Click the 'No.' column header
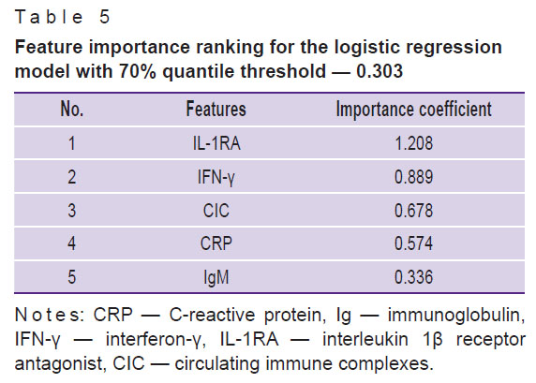(x=72, y=109)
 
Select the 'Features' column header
(x=216, y=109)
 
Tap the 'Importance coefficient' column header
(x=413, y=110)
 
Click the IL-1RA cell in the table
(x=216, y=143)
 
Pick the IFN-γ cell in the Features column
(x=216, y=178)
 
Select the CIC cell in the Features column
(x=216, y=210)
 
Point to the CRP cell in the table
(x=216, y=243)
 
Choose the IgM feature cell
(x=216, y=277)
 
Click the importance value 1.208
(x=413, y=143)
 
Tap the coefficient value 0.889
(x=413, y=177)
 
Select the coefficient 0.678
(x=413, y=210)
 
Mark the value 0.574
(x=413, y=243)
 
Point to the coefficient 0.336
(x=413, y=277)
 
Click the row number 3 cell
(x=72, y=210)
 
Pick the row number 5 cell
(x=72, y=277)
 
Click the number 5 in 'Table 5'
(x=105, y=17)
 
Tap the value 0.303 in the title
(x=380, y=71)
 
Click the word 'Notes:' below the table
(x=50, y=315)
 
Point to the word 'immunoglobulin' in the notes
(x=456, y=315)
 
